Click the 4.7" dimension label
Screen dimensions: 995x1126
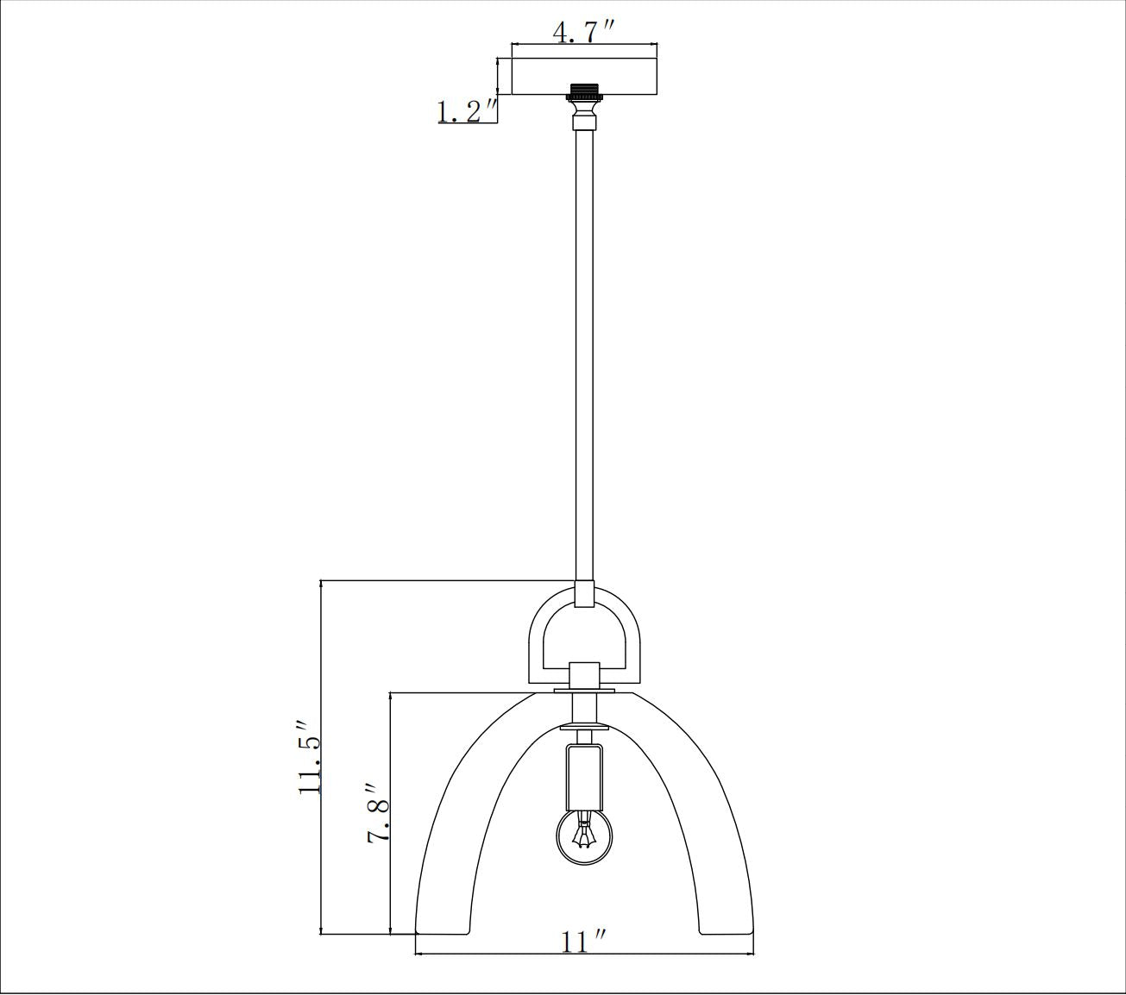583,32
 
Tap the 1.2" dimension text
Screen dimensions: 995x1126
466,111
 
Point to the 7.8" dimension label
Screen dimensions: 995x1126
380,814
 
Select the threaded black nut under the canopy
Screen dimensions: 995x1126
584,91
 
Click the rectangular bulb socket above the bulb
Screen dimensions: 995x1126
585,775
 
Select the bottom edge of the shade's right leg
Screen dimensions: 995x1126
726,933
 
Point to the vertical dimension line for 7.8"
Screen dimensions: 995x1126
391,812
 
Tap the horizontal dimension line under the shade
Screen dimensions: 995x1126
584,954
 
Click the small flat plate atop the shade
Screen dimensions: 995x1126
584,691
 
